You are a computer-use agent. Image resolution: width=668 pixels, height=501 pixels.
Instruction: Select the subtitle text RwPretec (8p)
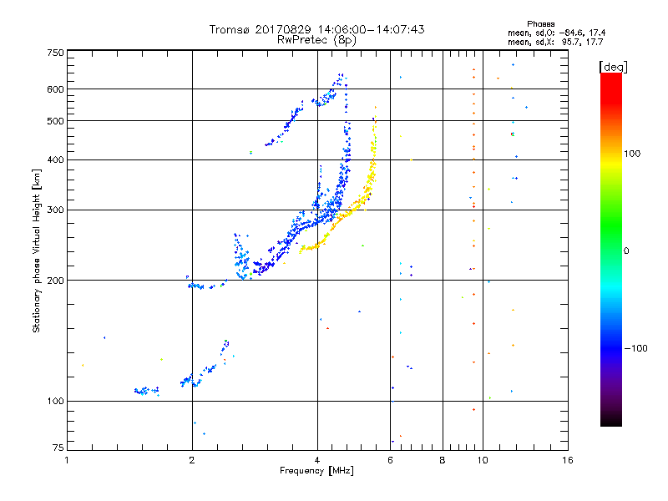coord(316,40)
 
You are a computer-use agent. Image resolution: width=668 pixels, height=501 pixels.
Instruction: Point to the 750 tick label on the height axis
coord(55,53)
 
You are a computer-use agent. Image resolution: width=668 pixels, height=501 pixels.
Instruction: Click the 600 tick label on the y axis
coord(55,89)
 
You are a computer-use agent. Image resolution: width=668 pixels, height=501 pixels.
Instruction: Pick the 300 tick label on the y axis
coord(55,210)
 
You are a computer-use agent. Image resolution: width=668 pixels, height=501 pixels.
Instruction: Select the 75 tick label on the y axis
coord(58,448)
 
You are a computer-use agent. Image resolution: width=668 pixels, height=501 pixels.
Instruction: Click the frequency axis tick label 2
coord(192,460)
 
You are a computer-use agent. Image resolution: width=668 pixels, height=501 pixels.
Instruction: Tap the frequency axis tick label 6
coord(390,460)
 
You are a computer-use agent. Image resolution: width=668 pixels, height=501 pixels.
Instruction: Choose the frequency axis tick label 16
coord(568,460)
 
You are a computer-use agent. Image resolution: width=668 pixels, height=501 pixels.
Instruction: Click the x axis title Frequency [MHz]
coord(316,471)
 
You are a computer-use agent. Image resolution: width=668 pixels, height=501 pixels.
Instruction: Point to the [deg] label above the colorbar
coord(613,67)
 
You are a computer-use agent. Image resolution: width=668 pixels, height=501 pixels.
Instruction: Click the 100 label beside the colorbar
coord(632,154)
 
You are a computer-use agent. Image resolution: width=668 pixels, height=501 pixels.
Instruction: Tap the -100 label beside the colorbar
coord(635,348)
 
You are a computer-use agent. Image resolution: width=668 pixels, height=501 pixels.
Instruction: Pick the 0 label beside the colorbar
coord(626,251)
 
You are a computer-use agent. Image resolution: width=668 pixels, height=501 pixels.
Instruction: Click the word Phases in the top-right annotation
coord(540,24)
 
